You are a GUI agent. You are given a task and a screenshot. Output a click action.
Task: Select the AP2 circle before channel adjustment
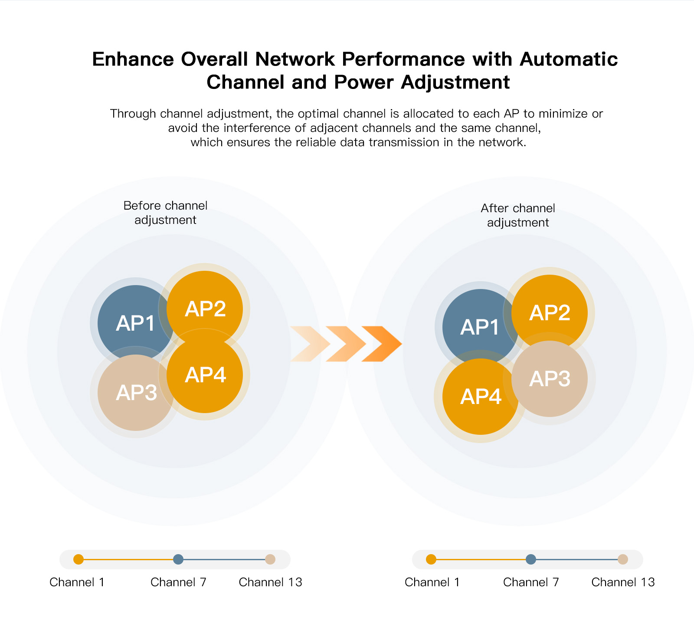click(x=205, y=304)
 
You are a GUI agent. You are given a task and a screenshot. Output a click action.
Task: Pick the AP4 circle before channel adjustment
click(x=205, y=375)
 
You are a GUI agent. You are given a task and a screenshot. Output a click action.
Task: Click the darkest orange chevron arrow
click(x=382, y=344)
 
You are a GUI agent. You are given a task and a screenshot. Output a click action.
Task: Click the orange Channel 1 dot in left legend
click(x=79, y=559)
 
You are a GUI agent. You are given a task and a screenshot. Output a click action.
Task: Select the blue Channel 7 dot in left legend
click(x=178, y=559)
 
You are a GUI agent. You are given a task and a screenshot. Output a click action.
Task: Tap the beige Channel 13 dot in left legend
click(x=270, y=559)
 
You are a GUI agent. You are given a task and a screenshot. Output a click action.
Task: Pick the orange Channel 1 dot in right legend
click(x=431, y=559)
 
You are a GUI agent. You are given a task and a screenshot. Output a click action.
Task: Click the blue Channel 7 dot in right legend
click(x=530, y=559)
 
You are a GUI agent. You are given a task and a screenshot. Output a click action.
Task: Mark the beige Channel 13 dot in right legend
click(x=623, y=559)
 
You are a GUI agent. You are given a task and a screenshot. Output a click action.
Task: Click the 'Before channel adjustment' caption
click(x=165, y=213)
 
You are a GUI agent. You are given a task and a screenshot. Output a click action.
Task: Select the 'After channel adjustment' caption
click(x=518, y=215)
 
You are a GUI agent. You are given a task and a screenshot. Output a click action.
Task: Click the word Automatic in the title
click(x=568, y=59)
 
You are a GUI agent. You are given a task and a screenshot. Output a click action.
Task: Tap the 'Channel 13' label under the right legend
click(x=623, y=582)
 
